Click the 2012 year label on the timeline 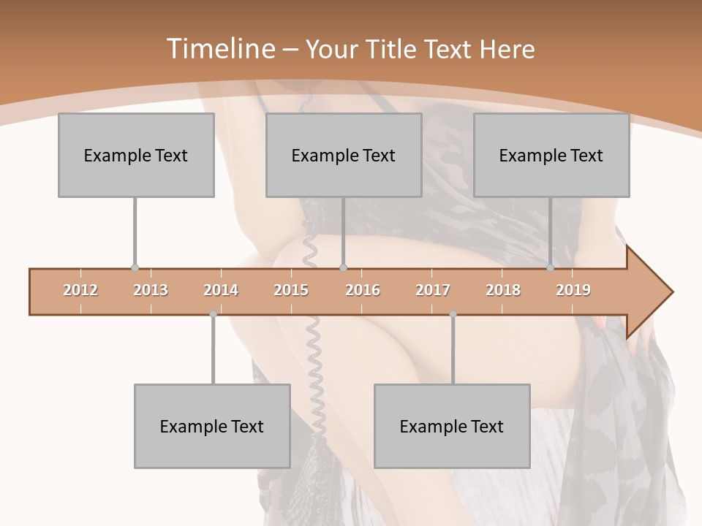click(x=80, y=290)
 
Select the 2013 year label click(x=151, y=290)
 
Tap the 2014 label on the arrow click(x=221, y=290)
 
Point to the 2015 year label click(x=291, y=290)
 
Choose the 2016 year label click(x=363, y=290)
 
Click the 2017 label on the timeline click(x=433, y=290)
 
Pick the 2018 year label click(x=503, y=290)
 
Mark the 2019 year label click(x=573, y=290)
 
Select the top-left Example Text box click(x=136, y=155)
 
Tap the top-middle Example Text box click(x=344, y=155)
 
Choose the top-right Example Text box click(x=551, y=155)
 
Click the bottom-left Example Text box click(x=212, y=426)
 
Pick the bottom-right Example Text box click(x=452, y=426)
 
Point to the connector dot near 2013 click(x=135, y=268)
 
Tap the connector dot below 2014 click(x=213, y=314)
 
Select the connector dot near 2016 click(x=344, y=268)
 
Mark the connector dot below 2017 click(x=453, y=314)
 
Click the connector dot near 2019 click(x=550, y=268)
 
